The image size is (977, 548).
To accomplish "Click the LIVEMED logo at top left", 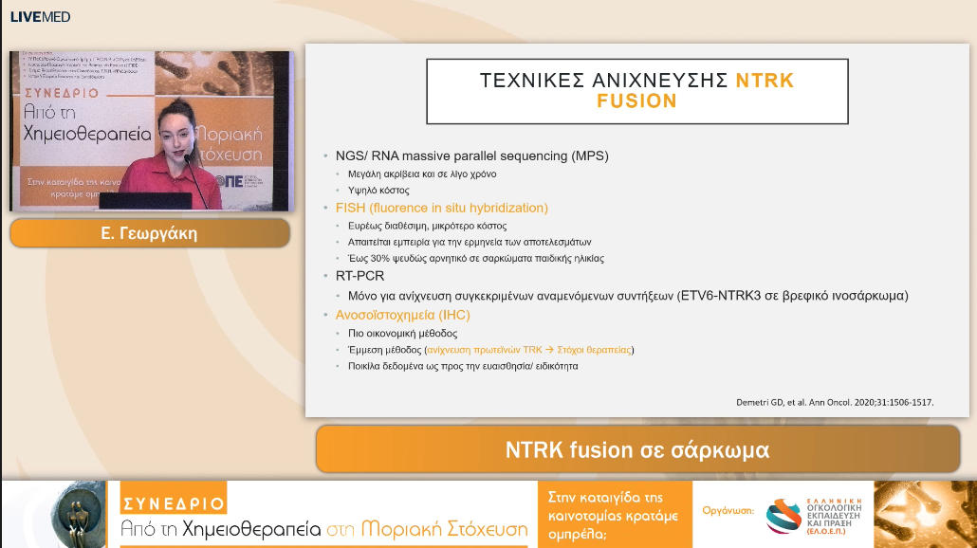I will tap(40, 17).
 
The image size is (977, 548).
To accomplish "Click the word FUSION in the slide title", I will tap(636, 100).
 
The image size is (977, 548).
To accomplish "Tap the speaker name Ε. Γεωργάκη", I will tap(149, 233).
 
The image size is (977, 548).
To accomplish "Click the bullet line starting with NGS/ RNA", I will tap(471, 155).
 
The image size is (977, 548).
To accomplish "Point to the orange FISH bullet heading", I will tap(441, 208).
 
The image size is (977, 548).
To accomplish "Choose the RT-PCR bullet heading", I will tap(360, 276).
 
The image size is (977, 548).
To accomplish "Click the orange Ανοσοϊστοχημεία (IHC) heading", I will tap(402, 315).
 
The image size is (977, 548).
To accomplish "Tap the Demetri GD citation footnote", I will tap(835, 402).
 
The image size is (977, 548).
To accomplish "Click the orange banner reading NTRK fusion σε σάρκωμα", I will tap(636, 449).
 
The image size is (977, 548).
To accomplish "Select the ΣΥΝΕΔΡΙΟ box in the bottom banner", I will tap(174, 503).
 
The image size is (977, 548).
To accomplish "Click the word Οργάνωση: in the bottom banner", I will tap(728, 510).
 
